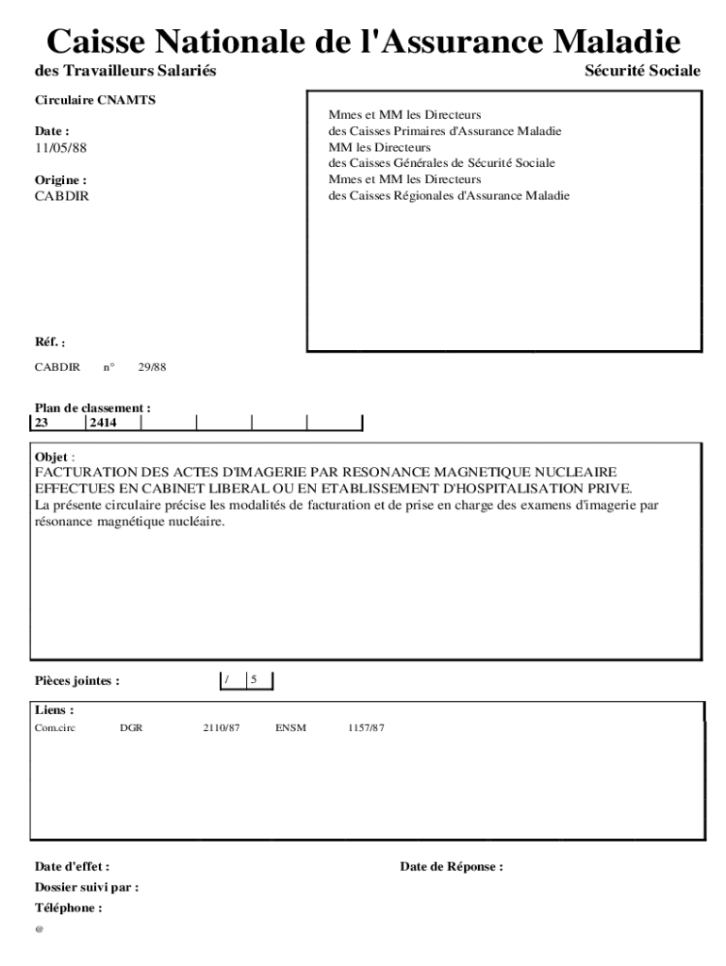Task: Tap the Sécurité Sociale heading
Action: point(642,71)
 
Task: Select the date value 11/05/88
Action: point(54,148)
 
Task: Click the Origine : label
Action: point(60,179)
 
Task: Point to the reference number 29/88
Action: point(152,367)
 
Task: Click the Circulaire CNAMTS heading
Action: point(82,101)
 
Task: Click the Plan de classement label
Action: point(92,408)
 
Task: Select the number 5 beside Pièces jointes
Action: point(254,679)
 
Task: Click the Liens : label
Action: point(55,709)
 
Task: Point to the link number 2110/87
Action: point(222,728)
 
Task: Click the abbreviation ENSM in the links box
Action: point(291,728)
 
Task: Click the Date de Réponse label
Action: point(451,867)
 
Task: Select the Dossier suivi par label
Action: point(87,888)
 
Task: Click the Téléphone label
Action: point(68,908)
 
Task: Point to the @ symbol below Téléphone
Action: point(40,930)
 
